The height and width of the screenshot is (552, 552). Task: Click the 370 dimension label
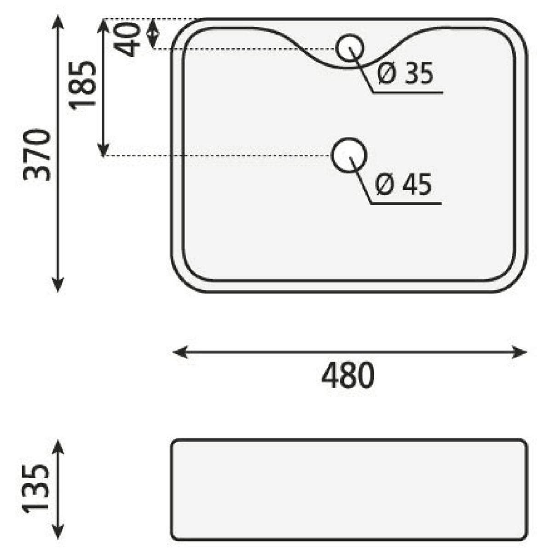click(37, 155)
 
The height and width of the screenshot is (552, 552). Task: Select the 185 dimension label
click(82, 86)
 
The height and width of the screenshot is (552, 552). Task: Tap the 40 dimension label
click(126, 40)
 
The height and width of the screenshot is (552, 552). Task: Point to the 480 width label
click(348, 375)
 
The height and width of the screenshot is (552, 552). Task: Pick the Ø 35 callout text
click(405, 74)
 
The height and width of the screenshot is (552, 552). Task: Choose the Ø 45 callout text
click(403, 184)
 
